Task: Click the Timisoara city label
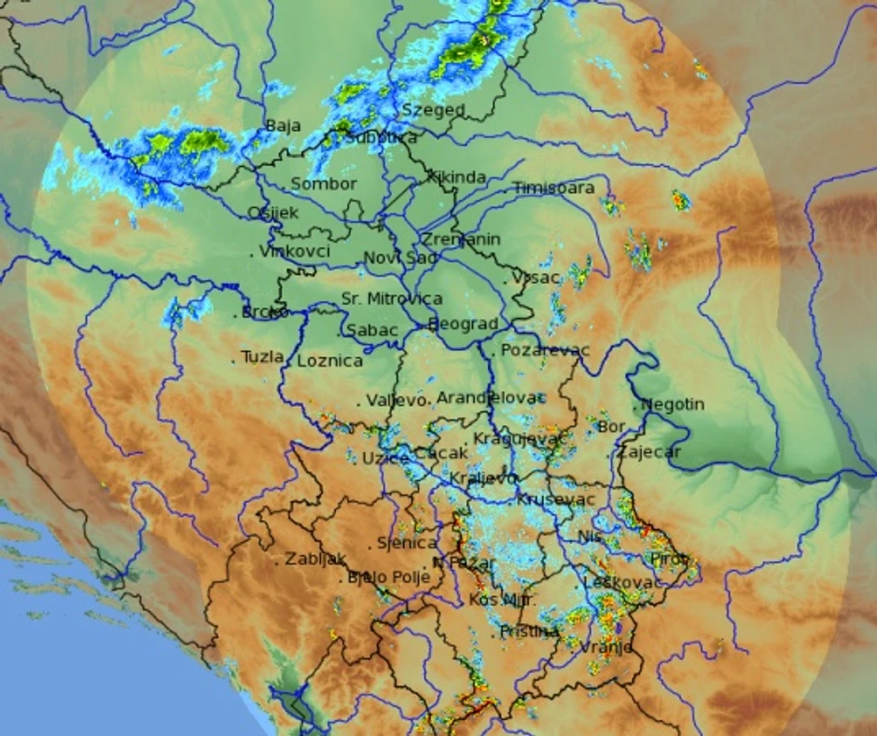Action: [x=553, y=187]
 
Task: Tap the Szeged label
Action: [x=433, y=110]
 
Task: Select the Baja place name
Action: [x=283, y=126]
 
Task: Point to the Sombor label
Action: [x=324, y=184]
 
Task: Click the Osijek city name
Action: [x=273, y=213]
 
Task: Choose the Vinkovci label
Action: [x=295, y=252]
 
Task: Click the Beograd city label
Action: [x=464, y=324]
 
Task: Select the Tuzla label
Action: [x=261, y=356]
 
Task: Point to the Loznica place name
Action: [x=330, y=361]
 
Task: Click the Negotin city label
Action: [x=673, y=405]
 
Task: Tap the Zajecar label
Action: [x=648, y=452]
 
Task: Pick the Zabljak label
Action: [x=315, y=560]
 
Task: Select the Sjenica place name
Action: [x=407, y=543]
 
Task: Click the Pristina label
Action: [x=529, y=632]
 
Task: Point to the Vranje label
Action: [x=606, y=647]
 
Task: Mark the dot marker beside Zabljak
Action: [x=277, y=562]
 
